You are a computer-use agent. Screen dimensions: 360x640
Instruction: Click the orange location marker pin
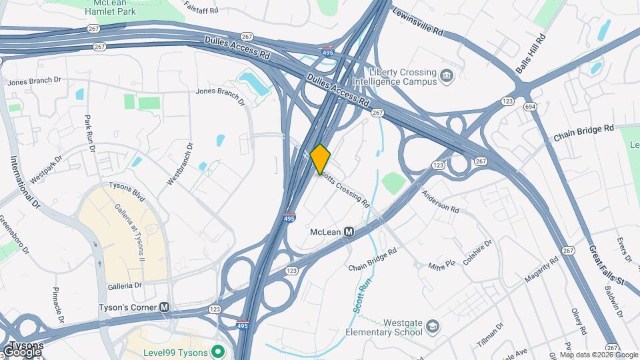pyautogui.click(x=320, y=159)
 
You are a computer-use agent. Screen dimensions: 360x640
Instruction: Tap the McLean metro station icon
pyautogui.click(x=349, y=232)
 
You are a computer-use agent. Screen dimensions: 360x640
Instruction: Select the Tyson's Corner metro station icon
pyautogui.click(x=165, y=307)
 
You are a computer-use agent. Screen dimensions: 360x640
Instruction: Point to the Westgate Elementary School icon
pyautogui.click(x=433, y=327)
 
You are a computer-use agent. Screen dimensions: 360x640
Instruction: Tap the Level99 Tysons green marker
pyautogui.click(x=217, y=351)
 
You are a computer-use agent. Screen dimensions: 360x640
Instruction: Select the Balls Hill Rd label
pyautogui.click(x=531, y=54)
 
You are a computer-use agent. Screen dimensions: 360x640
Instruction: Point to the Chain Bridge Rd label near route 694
pyautogui.click(x=583, y=133)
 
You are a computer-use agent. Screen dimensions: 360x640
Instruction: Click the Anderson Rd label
pyautogui.click(x=440, y=201)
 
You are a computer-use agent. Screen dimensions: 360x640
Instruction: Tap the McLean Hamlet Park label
pyautogui.click(x=111, y=9)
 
